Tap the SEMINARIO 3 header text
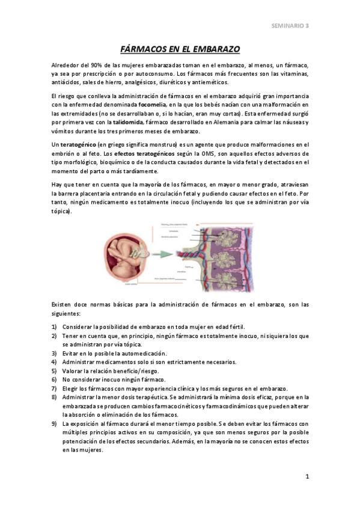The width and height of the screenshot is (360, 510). pos(290,26)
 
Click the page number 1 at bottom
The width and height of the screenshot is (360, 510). pos(307,477)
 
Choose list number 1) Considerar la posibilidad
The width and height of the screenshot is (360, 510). pos(55,327)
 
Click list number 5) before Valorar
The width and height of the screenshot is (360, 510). pos(55,370)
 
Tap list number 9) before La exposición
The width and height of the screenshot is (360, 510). pos(55,423)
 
